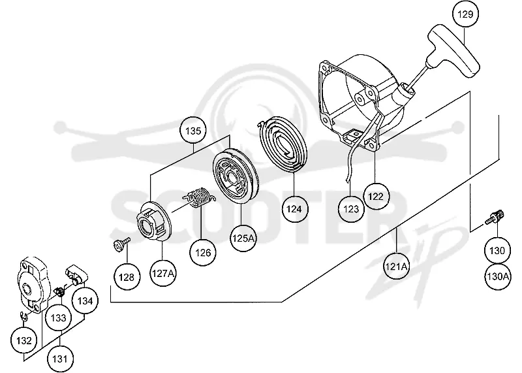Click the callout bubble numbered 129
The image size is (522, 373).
[x=465, y=14]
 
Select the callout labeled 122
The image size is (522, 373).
[x=376, y=197]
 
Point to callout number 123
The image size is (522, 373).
[x=351, y=209]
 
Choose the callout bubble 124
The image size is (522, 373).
[x=294, y=209]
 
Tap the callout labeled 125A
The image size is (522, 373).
[x=243, y=238]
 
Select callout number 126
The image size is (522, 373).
[x=203, y=252]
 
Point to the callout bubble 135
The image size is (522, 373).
[x=193, y=131]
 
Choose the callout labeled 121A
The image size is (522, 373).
[x=397, y=267]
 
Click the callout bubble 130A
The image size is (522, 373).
[x=497, y=276]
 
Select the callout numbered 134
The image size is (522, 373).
[x=85, y=300]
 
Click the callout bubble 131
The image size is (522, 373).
[x=60, y=359]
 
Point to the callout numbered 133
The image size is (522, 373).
[x=59, y=317]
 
